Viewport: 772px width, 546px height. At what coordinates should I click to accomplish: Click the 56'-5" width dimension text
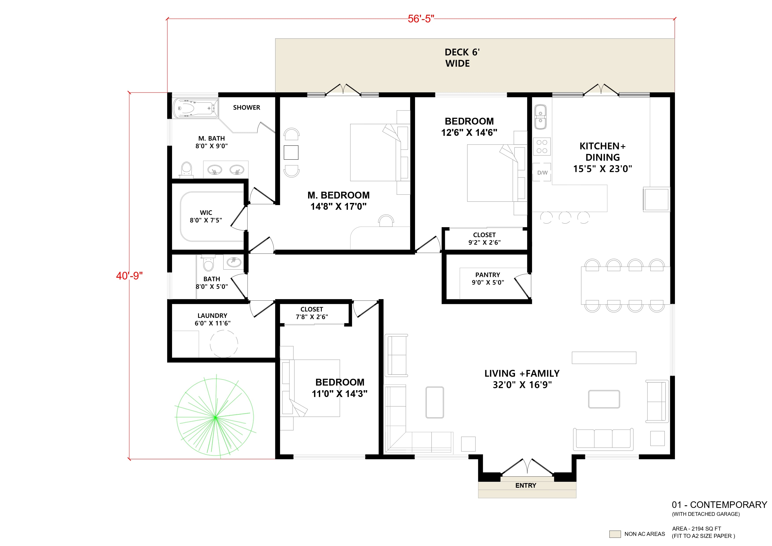click(421, 19)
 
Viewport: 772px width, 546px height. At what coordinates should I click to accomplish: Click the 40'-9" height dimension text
click(129, 276)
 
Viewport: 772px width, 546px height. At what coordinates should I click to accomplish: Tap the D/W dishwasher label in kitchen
click(542, 173)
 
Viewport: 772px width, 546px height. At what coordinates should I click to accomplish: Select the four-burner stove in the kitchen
click(542, 147)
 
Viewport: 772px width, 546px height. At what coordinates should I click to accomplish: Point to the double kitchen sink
click(540, 116)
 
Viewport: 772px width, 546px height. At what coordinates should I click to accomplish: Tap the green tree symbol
click(215, 417)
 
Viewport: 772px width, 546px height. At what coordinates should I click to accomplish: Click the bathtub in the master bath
click(195, 108)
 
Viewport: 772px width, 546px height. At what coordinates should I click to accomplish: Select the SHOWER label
click(246, 108)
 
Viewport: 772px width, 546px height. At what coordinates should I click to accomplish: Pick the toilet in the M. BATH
click(186, 169)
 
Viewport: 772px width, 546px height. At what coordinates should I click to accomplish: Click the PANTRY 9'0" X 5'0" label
click(487, 279)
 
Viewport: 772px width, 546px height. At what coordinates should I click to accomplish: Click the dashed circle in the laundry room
click(224, 344)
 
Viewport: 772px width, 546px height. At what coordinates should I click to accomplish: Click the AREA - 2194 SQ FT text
click(696, 529)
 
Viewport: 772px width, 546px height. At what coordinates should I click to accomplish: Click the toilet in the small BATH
click(208, 264)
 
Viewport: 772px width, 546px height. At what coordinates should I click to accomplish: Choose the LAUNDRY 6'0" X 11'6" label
click(213, 319)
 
